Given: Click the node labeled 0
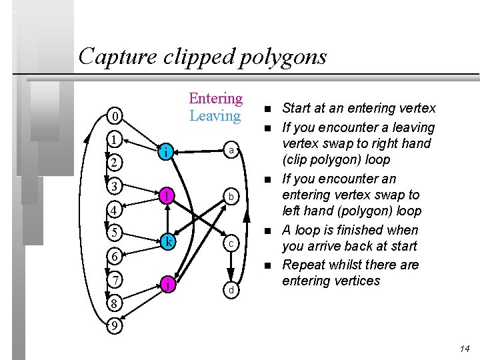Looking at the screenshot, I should coord(116,117).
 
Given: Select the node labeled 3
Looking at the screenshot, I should coord(116,185).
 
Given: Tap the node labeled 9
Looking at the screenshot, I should coord(116,326).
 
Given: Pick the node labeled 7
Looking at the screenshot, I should coord(116,279).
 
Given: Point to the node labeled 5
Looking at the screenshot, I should coord(116,233).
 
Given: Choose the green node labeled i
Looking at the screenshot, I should coord(169,153).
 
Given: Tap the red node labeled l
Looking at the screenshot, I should coord(169,196).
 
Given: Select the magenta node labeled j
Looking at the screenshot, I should coord(169,285).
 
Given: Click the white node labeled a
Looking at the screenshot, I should coord(230,151).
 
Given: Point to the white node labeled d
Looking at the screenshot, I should coord(230,291).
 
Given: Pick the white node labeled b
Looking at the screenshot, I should coord(230,197).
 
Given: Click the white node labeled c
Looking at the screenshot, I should coord(230,244).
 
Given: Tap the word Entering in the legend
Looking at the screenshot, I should coord(215,99).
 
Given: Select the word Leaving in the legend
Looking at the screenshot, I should coord(215,115).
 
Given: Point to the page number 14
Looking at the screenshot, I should coord(465,349).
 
